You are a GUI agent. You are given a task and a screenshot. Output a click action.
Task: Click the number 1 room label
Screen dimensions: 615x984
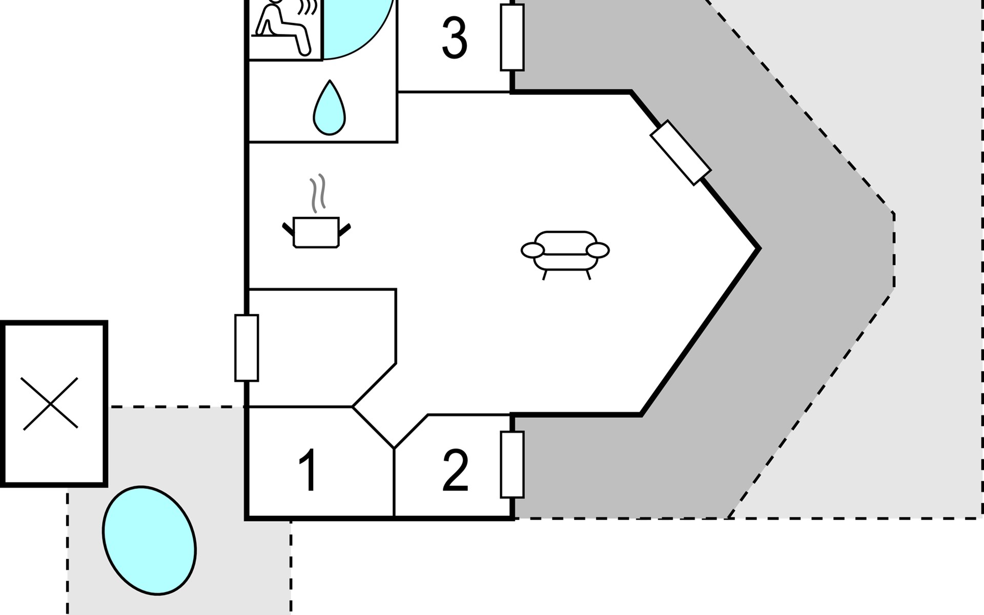307,470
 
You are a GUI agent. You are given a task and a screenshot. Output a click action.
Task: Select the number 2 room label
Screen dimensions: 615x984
455,470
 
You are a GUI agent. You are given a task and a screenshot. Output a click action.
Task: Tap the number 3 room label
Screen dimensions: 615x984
455,38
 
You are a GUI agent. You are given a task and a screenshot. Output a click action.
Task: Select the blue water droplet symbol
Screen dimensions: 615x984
329,109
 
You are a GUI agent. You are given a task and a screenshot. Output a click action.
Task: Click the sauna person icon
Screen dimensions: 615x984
283,28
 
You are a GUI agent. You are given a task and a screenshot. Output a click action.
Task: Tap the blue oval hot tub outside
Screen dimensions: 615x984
149,540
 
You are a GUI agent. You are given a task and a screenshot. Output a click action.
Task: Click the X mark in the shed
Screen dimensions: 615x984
50,404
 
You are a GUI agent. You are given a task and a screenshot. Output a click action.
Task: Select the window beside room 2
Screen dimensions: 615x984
512,464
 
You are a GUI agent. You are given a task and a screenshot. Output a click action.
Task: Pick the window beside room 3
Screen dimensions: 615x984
512,37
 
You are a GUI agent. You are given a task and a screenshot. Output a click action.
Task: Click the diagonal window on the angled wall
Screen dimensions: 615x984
681,152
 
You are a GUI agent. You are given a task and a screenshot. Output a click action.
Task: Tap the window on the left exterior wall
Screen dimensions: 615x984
247,348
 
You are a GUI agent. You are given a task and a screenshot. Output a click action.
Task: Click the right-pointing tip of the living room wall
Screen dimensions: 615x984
758,249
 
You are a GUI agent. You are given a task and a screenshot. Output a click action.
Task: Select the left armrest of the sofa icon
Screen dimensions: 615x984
533,251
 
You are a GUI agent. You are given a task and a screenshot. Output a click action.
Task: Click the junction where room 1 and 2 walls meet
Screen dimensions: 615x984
394,448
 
